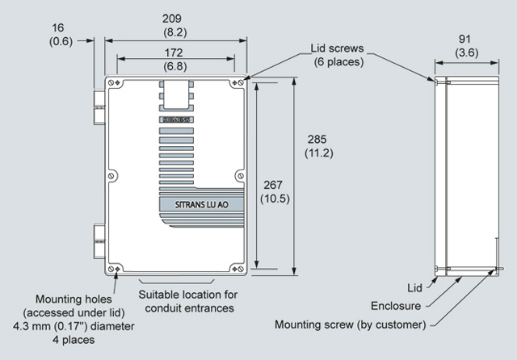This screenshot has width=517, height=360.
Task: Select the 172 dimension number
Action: [175, 52]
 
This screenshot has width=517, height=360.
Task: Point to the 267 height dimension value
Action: [273, 184]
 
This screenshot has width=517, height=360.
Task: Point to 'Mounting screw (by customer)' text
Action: [348, 324]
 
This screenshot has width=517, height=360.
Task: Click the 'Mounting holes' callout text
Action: [74, 299]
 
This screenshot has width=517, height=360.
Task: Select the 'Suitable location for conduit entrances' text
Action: [187, 300]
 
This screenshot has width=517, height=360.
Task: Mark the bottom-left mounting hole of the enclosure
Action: [119, 270]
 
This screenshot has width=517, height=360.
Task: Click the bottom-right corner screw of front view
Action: [237, 270]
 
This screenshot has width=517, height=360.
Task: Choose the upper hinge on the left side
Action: [99, 102]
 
